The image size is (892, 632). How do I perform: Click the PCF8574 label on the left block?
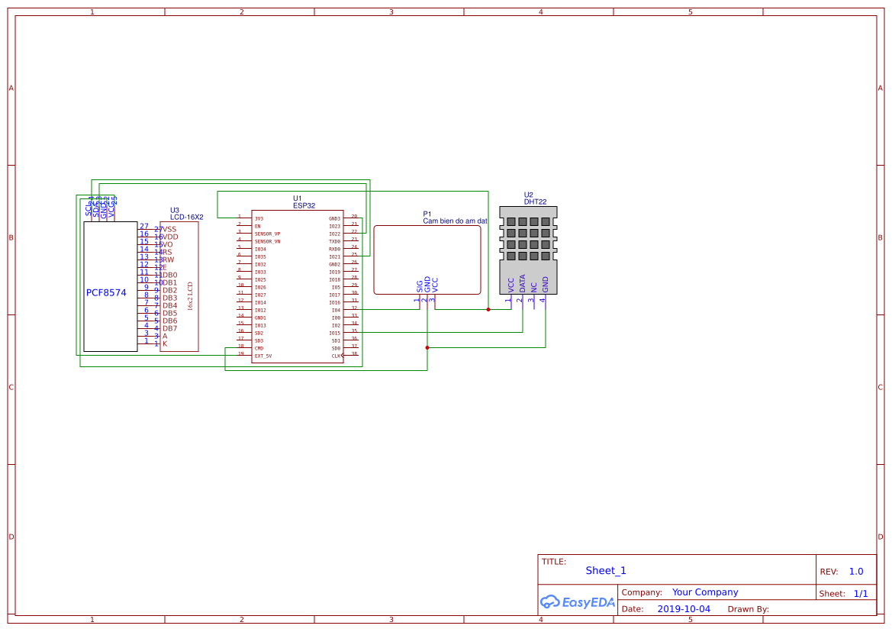[106, 292]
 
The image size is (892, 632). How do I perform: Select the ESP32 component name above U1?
[304, 205]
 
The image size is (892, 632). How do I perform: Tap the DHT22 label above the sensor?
[535, 202]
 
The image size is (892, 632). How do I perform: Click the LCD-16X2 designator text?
[187, 218]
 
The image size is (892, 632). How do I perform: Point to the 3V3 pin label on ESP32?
[259, 219]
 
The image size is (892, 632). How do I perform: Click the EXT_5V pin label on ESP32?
[263, 356]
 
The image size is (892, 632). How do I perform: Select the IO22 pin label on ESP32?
[334, 234]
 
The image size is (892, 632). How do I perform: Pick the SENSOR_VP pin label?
[267, 234]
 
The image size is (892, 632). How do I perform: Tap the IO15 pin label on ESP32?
[334, 333]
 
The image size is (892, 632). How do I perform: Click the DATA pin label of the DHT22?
[523, 284]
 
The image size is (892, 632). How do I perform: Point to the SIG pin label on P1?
[420, 285]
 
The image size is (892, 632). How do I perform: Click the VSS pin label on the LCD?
[169, 229]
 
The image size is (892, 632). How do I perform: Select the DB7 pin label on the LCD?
[169, 328]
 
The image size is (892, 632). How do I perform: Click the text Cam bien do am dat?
[455, 221]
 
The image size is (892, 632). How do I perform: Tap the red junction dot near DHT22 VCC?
[488, 309]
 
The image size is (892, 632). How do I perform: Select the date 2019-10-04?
[684, 609]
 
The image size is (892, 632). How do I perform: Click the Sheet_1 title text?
[606, 570]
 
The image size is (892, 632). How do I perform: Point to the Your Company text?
[705, 592]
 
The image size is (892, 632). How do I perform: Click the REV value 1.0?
[856, 572]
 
